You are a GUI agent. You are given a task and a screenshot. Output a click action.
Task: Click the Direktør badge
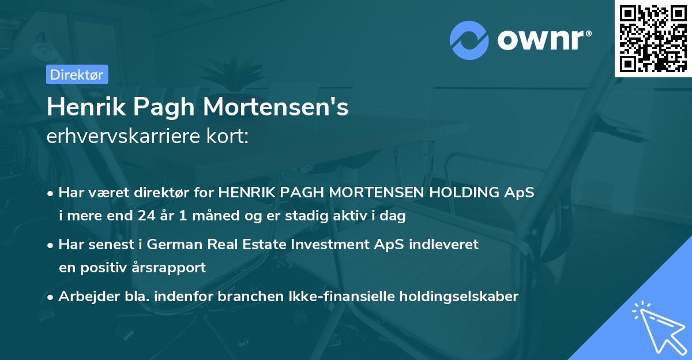[77, 74]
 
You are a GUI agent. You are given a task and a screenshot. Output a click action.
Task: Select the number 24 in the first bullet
[146, 216]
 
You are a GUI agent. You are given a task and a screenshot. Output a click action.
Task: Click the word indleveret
[445, 244]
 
